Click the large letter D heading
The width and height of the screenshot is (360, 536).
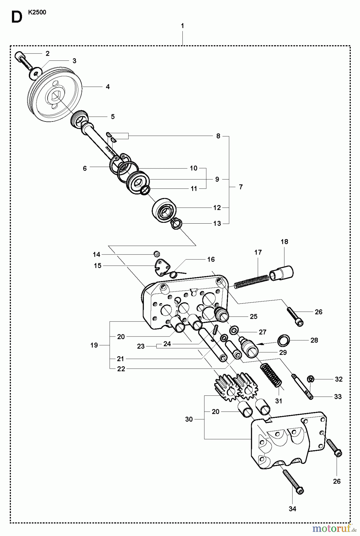point(17,17)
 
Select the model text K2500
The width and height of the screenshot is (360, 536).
point(37,13)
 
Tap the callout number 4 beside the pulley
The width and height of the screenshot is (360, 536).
point(108,87)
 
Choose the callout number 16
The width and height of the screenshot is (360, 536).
point(211,259)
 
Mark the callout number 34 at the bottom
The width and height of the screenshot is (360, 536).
point(292,509)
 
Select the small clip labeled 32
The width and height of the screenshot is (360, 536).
point(310,379)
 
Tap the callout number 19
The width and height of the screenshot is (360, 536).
point(94,345)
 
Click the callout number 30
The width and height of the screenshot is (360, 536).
point(189,419)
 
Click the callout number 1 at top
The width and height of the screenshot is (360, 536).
point(182,26)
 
